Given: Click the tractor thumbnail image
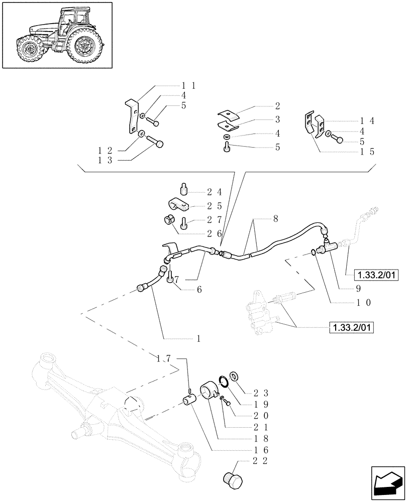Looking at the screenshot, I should pyautogui.click(x=57, y=36).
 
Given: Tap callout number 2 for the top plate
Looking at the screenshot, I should pyautogui.click(x=277, y=106).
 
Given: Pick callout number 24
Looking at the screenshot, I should pyautogui.click(x=214, y=192).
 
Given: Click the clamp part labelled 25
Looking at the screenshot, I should pyautogui.click(x=178, y=205).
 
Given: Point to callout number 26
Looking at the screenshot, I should pyautogui.click(x=214, y=233).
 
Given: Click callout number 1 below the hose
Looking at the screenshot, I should pyautogui.click(x=198, y=339).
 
